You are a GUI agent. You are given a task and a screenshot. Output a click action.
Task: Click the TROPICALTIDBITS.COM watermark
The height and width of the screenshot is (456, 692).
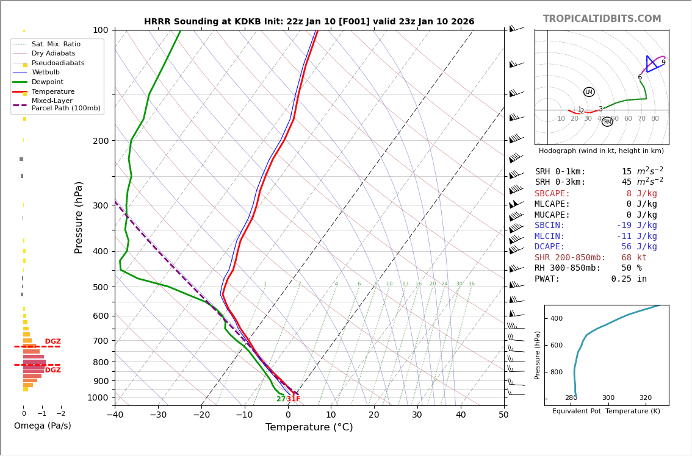602,19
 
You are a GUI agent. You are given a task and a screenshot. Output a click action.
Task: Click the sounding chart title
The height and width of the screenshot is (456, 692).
309,21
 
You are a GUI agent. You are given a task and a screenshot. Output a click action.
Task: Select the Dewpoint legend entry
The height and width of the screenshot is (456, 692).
47,82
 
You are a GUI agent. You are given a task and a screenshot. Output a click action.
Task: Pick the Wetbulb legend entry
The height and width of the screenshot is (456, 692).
45,73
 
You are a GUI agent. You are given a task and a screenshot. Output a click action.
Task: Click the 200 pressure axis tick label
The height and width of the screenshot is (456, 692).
100,141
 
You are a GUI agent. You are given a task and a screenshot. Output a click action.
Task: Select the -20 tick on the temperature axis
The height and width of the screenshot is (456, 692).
201,415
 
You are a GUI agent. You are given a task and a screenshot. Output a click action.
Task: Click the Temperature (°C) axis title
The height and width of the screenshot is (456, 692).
309,427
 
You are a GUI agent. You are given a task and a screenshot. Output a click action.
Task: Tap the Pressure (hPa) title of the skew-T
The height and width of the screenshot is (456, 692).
79,217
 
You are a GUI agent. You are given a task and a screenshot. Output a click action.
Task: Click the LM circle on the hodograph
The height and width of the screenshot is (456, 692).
589,92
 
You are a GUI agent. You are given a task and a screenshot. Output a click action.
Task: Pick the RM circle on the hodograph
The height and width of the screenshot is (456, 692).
607,122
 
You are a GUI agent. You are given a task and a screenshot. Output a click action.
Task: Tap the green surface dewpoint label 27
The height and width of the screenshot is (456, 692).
281,399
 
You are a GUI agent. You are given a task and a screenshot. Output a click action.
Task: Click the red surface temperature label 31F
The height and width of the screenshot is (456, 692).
294,399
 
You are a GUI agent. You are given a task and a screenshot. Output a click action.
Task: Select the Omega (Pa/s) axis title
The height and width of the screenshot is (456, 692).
43,426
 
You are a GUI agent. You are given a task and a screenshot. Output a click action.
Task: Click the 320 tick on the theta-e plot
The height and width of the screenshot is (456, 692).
646,397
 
